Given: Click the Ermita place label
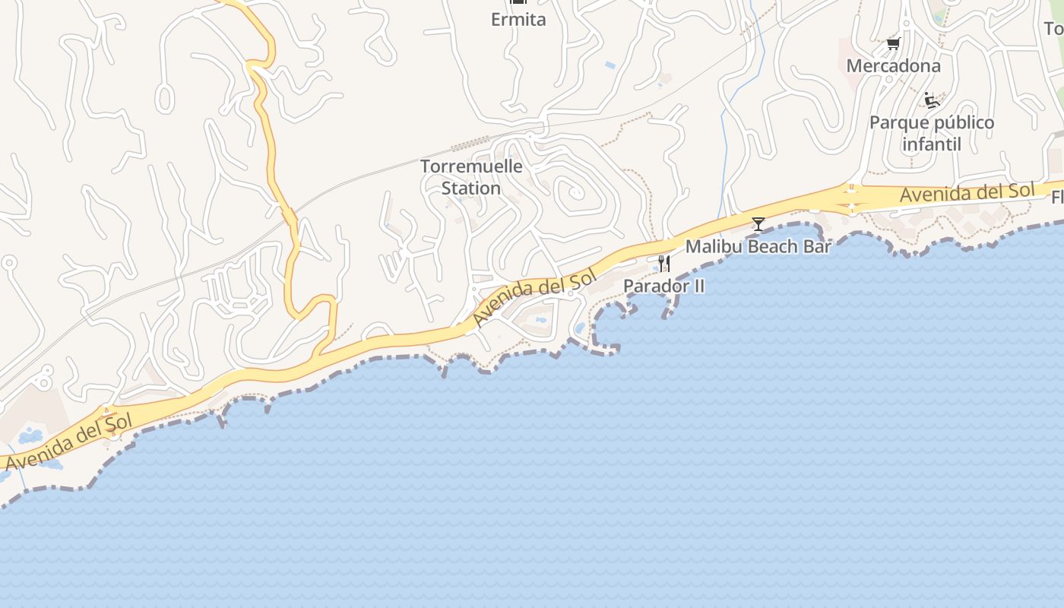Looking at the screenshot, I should click(x=518, y=20).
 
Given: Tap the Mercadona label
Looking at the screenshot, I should click(x=893, y=66).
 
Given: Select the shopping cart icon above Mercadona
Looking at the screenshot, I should click(x=894, y=43).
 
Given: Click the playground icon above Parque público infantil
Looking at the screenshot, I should click(x=932, y=100).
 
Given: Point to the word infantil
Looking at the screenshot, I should click(x=932, y=144).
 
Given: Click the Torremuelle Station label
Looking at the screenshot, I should click(x=471, y=177).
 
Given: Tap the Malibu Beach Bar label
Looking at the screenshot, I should click(x=758, y=246).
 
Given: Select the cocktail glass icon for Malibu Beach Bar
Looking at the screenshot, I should click(x=758, y=223).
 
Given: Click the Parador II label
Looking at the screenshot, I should click(x=663, y=286).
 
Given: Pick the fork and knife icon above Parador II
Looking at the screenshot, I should click(x=663, y=264).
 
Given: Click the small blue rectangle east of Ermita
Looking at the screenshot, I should click(x=610, y=66).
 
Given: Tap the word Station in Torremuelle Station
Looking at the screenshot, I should click(x=471, y=188).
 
